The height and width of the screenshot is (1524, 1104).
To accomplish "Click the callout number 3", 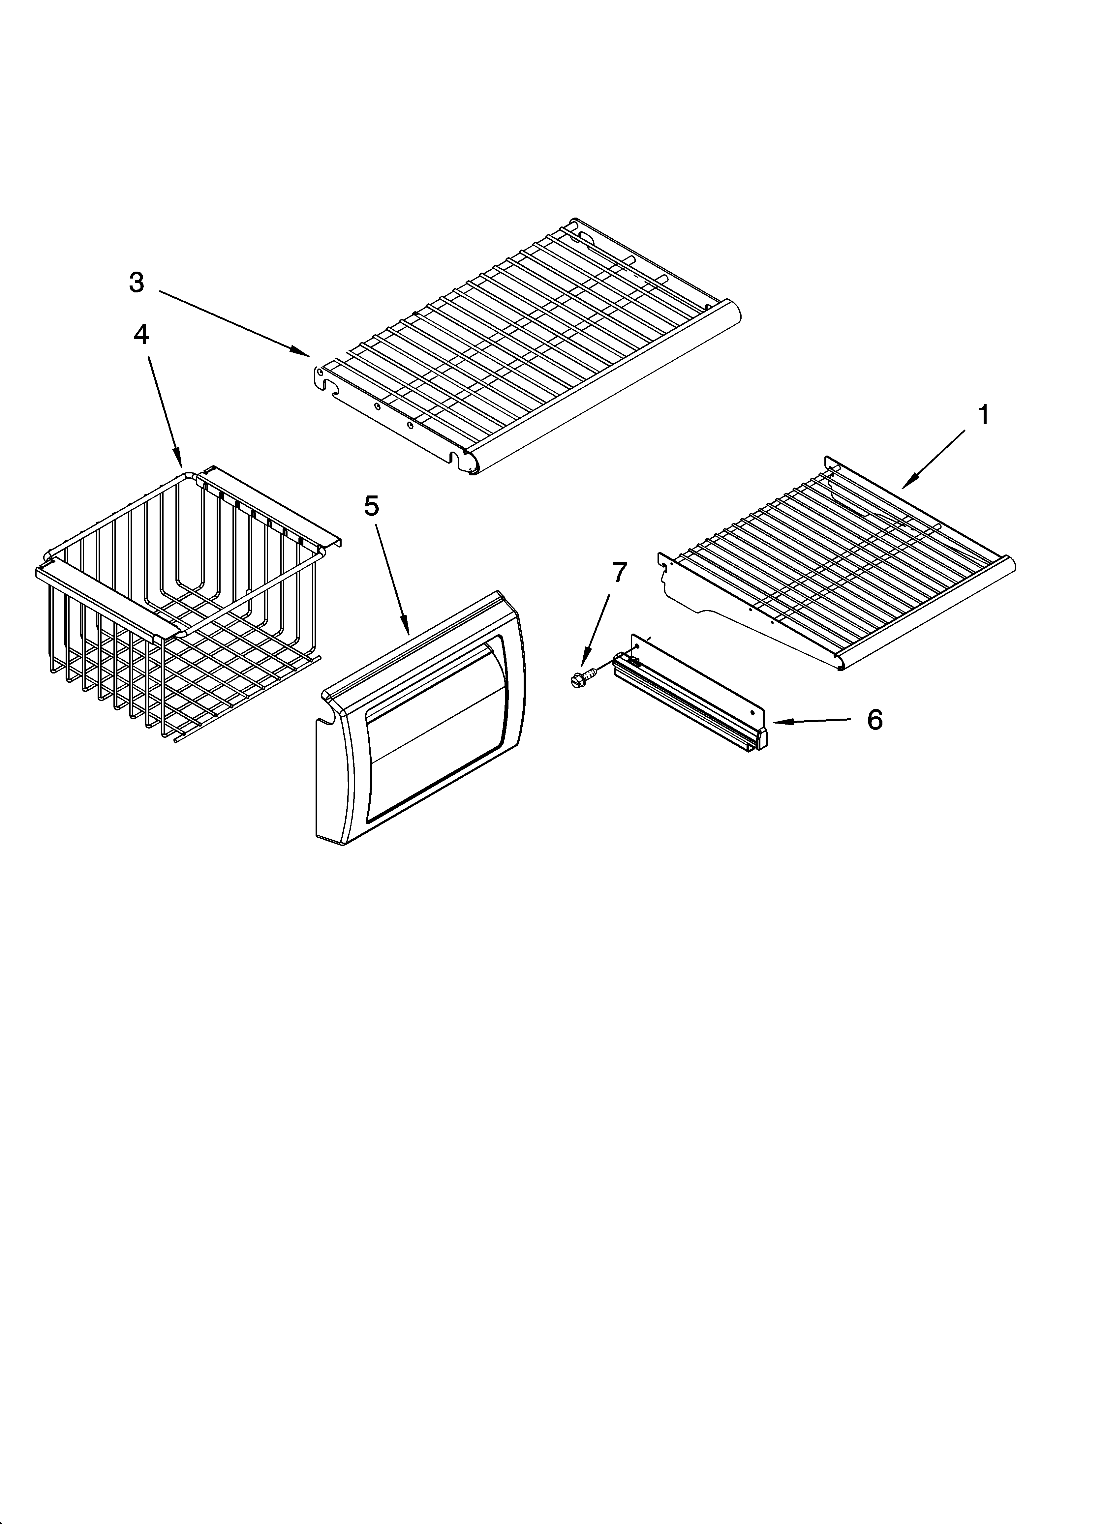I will click(x=137, y=283).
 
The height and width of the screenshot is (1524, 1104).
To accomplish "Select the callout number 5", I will click(x=371, y=506).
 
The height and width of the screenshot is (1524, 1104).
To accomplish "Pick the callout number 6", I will click(x=874, y=720).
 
